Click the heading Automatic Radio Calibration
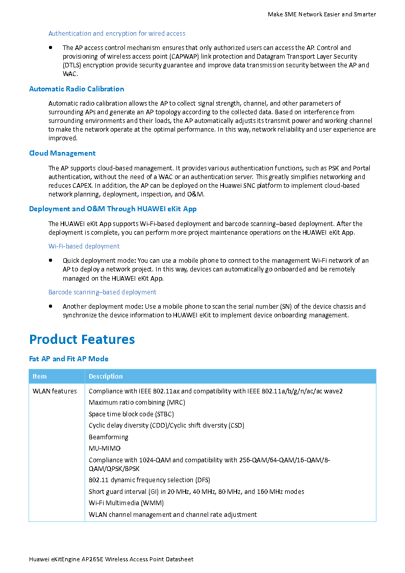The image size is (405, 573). coord(77,89)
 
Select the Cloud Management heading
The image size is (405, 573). coord(62,153)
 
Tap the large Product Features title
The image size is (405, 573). coord(82,339)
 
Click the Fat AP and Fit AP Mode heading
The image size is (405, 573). coord(68,359)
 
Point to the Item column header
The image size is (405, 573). coord(39,377)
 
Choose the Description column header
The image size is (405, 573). coord(106,377)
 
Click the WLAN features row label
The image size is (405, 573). coord(55,391)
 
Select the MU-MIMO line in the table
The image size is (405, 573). coord(105,449)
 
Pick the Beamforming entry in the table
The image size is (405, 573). coord(108,437)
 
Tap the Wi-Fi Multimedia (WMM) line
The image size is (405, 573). coord(126,503)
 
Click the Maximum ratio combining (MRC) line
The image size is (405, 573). coord(137,403)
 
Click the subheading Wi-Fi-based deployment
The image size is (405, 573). coord(84,246)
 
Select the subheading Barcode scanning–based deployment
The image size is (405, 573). coord(102,292)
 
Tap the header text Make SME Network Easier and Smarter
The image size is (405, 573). coord(322,14)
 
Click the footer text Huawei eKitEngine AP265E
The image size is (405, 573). coord(111,559)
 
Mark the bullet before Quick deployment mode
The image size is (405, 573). coord(51,260)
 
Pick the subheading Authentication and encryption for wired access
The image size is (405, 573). coord(117,34)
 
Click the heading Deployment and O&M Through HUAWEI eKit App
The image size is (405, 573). coord(113,209)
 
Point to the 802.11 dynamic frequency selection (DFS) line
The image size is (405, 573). coord(149,480)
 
